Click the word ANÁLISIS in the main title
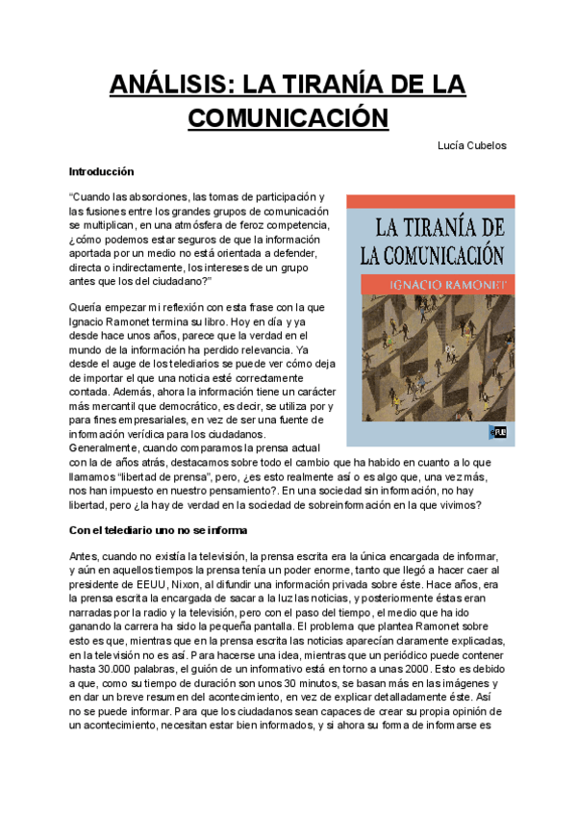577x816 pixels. click(164, 85)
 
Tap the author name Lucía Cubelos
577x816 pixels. click(472, 145)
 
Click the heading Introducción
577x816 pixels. click(101, 171)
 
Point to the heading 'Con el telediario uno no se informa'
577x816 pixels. click(160, 529)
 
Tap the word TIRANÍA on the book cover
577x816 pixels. click(451, 228)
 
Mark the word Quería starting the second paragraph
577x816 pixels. click(87, 308)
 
